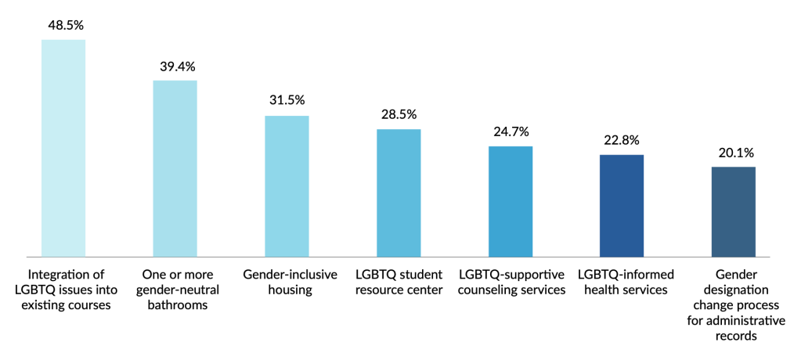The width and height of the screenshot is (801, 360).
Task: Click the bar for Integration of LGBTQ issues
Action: point(63,147)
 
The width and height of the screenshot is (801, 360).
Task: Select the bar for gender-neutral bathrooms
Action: point(175,167)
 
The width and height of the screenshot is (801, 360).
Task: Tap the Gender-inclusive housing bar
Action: point(287,185)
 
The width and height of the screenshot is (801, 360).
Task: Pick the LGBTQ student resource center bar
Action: point(399,193)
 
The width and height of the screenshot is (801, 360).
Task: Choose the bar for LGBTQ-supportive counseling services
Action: point(511,201)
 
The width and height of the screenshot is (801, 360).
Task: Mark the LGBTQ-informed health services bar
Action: point(622,205)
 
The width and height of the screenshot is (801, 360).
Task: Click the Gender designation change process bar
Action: point(734,211)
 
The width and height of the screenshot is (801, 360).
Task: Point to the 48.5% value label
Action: point(63,25)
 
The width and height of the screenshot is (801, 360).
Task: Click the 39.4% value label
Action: point(175,66)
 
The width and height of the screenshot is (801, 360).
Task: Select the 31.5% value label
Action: point(287,101)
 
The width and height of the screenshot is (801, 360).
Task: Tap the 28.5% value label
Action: point(399,114)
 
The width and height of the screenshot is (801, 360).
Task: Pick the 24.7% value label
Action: point(511,131)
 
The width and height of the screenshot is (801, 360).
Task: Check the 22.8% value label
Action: point(622,140)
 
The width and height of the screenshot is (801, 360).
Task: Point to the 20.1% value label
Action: point(734,152)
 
